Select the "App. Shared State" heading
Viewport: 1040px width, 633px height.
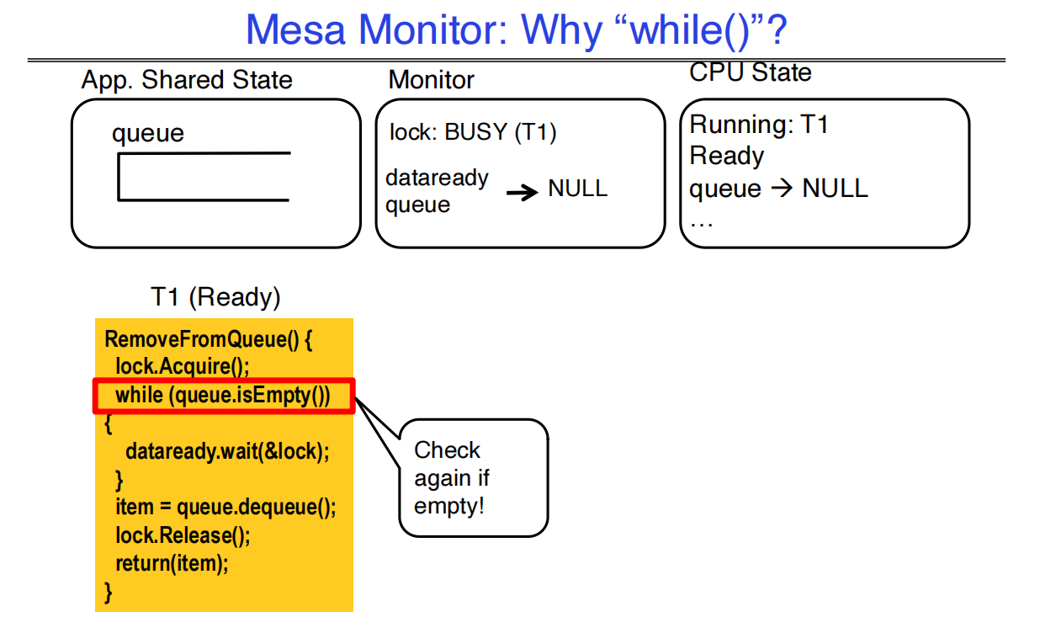click(x=187, y=80)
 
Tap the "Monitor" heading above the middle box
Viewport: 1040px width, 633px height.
click(x=431, y=80)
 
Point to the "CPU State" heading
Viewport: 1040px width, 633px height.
click(x=750, y=72)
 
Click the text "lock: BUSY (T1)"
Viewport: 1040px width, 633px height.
click(x=473, y=132)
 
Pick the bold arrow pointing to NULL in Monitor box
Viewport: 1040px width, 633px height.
click(x=522, y=193)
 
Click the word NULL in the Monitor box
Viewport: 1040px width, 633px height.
click(x=577, y=189)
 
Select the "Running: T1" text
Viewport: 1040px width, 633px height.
click(x=759, y=125)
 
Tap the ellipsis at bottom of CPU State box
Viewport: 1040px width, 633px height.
click(x=701, y=222)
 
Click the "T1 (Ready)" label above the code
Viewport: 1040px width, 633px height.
click(x=215, y=297)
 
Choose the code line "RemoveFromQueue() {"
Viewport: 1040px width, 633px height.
click(x=209, y=340)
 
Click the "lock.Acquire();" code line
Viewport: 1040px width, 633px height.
click(x=183, y=367)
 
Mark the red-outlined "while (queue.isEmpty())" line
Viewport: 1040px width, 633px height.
click(x=223, y=396)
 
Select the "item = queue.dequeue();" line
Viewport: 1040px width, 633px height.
click(x=226, y=508)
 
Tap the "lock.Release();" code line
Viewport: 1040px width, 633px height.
click(x=183, y=535)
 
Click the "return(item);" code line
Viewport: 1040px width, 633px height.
click(x=172, y=563)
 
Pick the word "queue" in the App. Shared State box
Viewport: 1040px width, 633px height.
click(x=147, y=134)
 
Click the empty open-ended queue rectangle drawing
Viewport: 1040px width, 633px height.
click(x=204, y=177)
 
